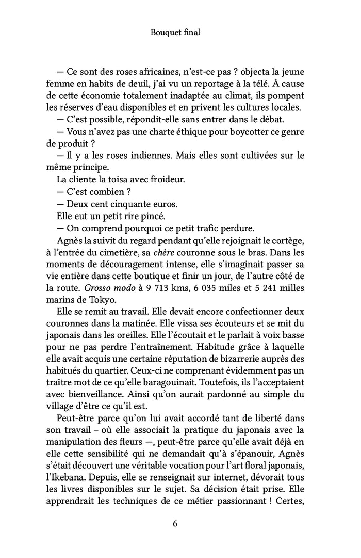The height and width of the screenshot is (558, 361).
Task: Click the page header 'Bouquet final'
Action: point(175,33)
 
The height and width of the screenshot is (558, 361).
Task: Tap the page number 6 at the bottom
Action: point(175,523)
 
